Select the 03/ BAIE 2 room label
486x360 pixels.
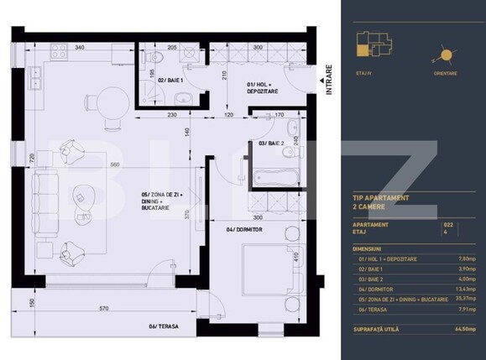pos(271,143)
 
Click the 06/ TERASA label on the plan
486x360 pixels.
pos(165,326)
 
